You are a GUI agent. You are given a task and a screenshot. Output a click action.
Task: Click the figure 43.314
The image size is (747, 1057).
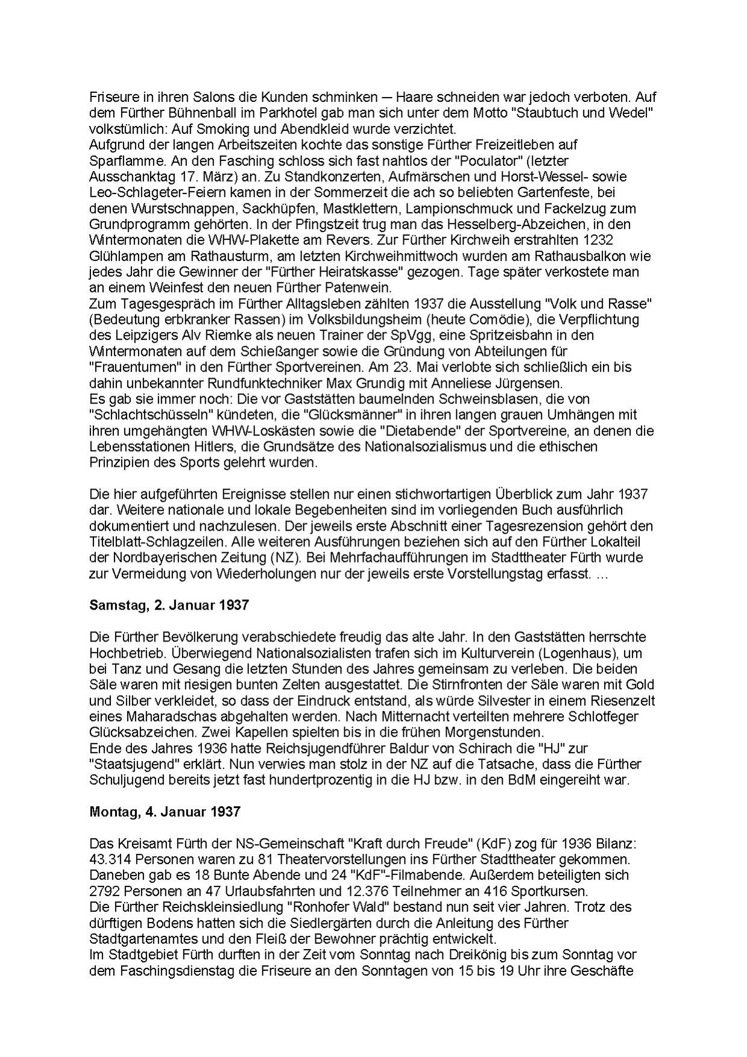(111, 859)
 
